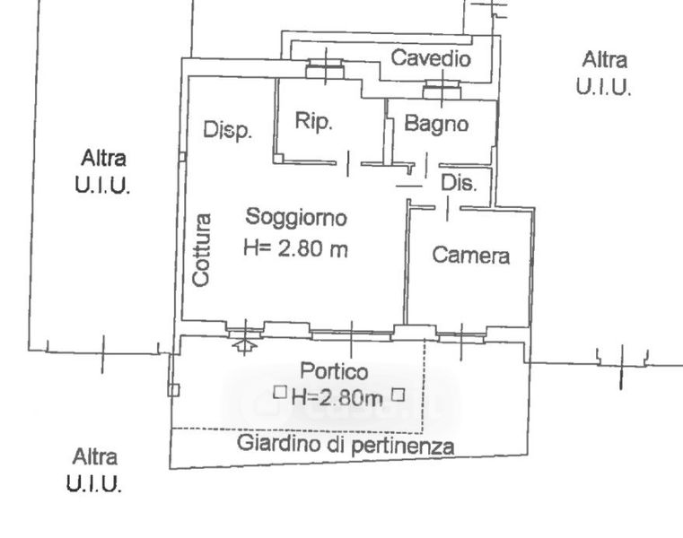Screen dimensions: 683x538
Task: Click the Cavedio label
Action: point(431,58)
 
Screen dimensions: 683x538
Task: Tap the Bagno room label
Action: point(436,124)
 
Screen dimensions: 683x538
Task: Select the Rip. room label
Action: point(313,121)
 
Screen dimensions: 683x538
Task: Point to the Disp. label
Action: point(228,130)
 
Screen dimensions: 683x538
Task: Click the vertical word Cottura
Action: point(202,250)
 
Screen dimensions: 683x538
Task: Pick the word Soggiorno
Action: point(296,217)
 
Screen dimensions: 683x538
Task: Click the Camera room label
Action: point(471,255)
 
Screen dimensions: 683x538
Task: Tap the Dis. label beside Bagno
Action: point(459,183)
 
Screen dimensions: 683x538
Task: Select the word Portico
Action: point(334,371)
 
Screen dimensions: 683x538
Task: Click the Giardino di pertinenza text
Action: point(346,445)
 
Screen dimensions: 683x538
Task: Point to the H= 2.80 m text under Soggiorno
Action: point(296,248)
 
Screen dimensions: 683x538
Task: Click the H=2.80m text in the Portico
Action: point(337,397)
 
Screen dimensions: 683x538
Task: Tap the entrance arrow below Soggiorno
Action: point(245,345)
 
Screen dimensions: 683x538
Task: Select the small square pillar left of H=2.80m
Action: point(280,393)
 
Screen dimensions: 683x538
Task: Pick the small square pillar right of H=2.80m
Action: point(398,395)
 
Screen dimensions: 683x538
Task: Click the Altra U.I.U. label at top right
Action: point(604,74)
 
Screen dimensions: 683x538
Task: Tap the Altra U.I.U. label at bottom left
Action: point(94,470)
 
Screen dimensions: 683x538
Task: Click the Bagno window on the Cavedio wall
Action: point(442,90)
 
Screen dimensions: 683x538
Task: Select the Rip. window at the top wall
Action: point(325,69)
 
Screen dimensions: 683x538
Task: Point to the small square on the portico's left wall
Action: point(173,390)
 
